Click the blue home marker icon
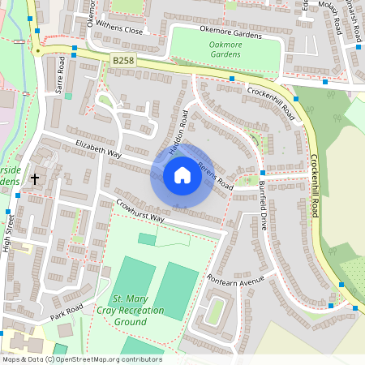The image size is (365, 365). [x=182, y=175]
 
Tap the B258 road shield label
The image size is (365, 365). [x=123, y=61]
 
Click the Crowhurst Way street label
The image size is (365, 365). [x=140, y=211]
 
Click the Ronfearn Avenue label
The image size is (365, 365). [x=236, y=280]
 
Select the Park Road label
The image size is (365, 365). [x=67, y=311]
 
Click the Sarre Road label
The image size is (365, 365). [x=59, y=74]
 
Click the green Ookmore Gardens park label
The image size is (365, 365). [x=227, y=49]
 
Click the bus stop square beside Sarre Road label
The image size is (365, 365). [x=75, y=49]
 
